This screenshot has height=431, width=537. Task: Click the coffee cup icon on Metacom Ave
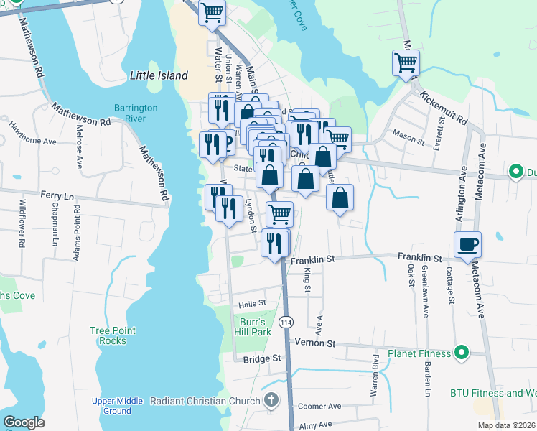pos(467,244)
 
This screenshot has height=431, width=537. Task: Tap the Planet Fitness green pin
pos(462,353)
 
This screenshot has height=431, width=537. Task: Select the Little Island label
pos(159,75)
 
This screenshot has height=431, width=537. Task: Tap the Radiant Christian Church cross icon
pos(271,400)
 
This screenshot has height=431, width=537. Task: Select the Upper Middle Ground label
pos(111,406)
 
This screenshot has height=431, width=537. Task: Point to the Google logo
pos(24,422)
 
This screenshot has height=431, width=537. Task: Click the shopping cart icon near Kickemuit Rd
pos(405,62)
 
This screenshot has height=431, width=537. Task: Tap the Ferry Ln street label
pos(57,195)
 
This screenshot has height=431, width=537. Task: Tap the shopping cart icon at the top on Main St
pos(212,12)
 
